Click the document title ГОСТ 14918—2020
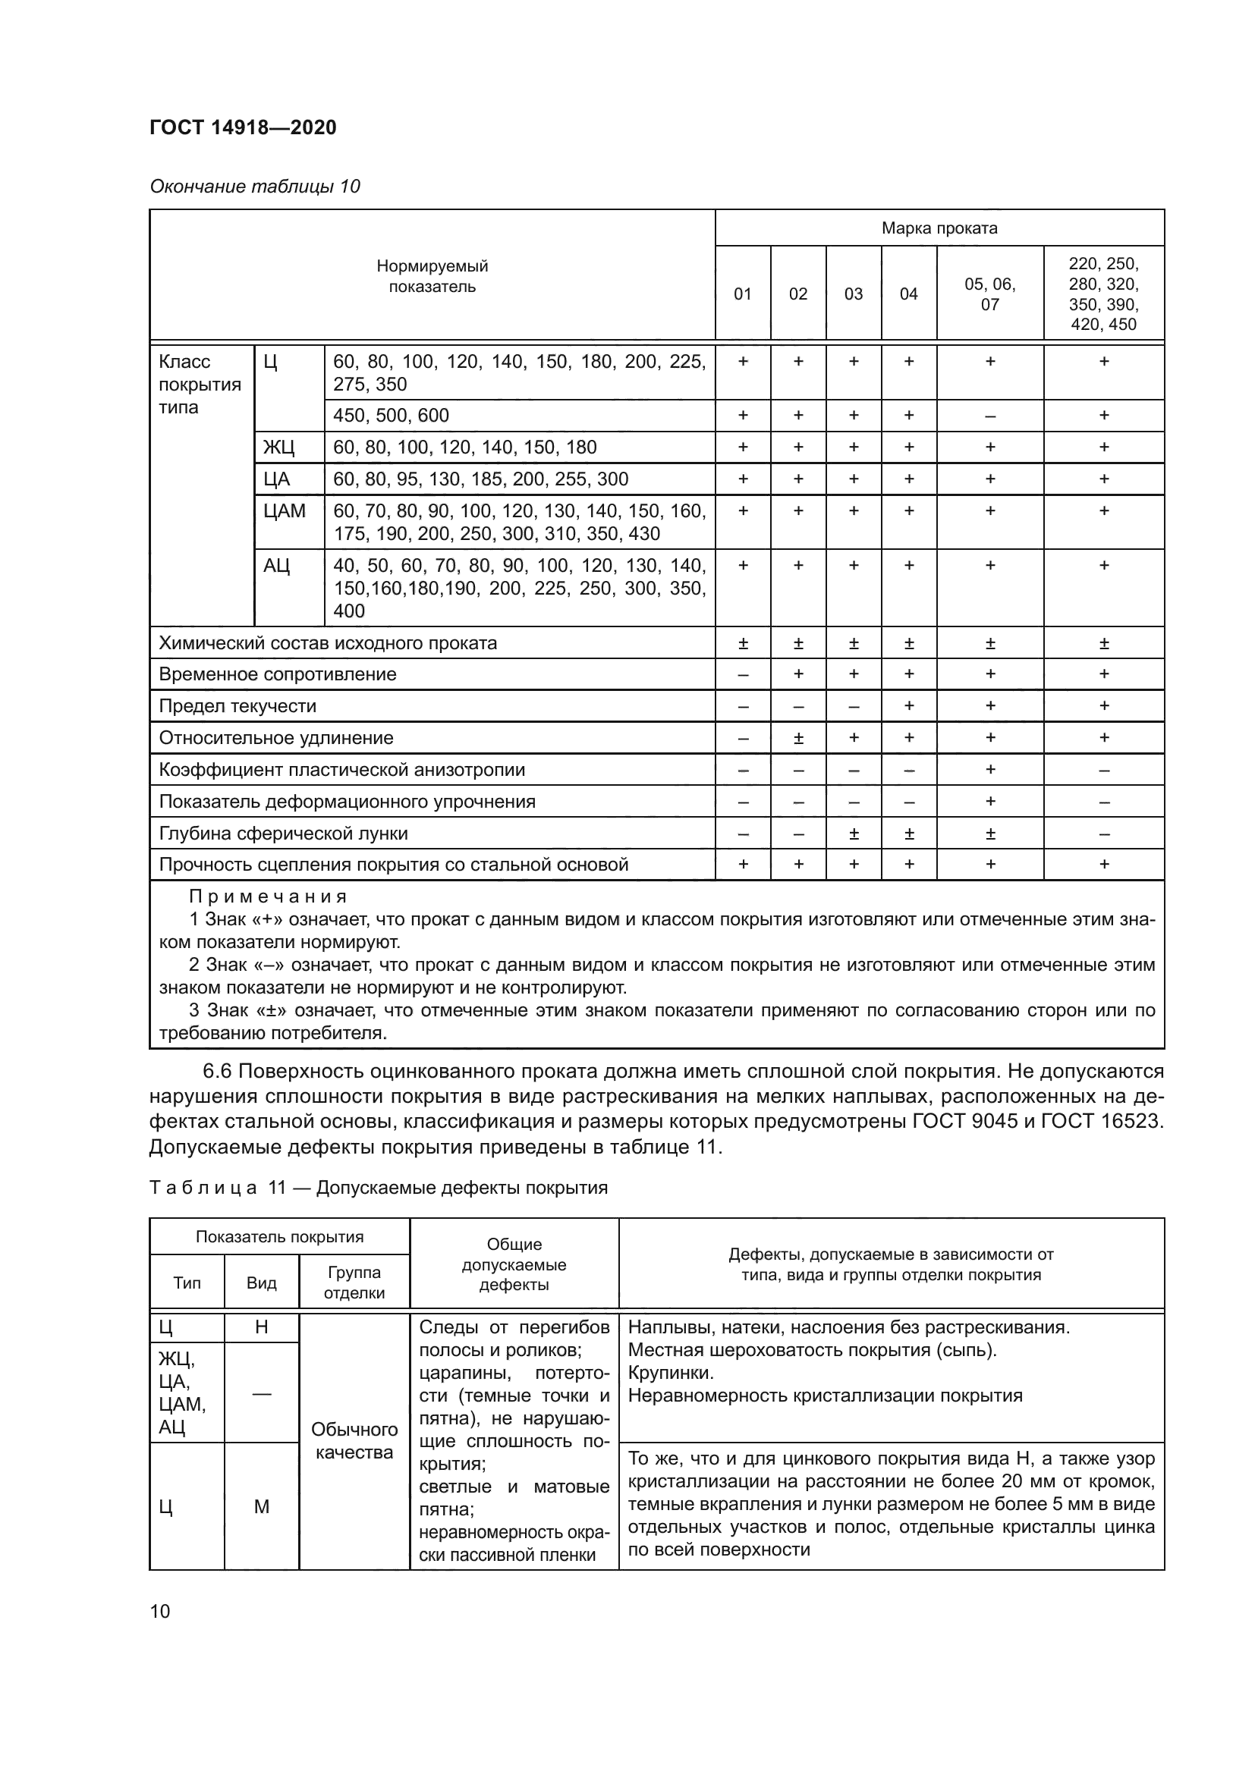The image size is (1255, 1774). pyautogui.click(x=243, y=127)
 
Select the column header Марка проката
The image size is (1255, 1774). pyautogui.click(x=939, y=228)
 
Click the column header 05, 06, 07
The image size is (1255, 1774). pyautogui.click(x=989, y=294)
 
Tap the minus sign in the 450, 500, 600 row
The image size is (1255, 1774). pyautogui.click(x=989, y=416)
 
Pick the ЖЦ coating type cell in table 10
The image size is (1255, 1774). pyautogui.click(x=279, y=447)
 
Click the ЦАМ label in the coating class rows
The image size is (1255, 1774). pyautogui.click(x=285, y=510)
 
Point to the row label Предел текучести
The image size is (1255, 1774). pyautogui.click(x=237, y=706)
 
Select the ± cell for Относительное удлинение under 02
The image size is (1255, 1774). pyautogui.click(x=798, y=738)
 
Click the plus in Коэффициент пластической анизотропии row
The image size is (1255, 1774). pyautogui.click(x=989, y=770)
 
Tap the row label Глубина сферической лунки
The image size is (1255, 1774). pyautogui.click(x=283, y=834)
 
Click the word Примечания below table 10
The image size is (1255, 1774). pyautogui.click(x=268, y=896)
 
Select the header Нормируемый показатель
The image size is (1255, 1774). pyautogui.click(x=432, y=276)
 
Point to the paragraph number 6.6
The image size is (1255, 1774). pyautogui.click(x=217, y=1072)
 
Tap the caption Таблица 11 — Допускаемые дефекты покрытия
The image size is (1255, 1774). pyautogui.click(x=379, y=1188)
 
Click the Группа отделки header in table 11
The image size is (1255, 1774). pyautogui.click(x=354, y=1283)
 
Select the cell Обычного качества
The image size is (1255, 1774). pyautogui.click(x=354, y=1441)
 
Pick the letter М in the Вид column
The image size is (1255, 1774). pyautogui.click(x=261, y=1507)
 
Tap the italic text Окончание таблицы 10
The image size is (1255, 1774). pyautogui.click(x=255, y=187)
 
